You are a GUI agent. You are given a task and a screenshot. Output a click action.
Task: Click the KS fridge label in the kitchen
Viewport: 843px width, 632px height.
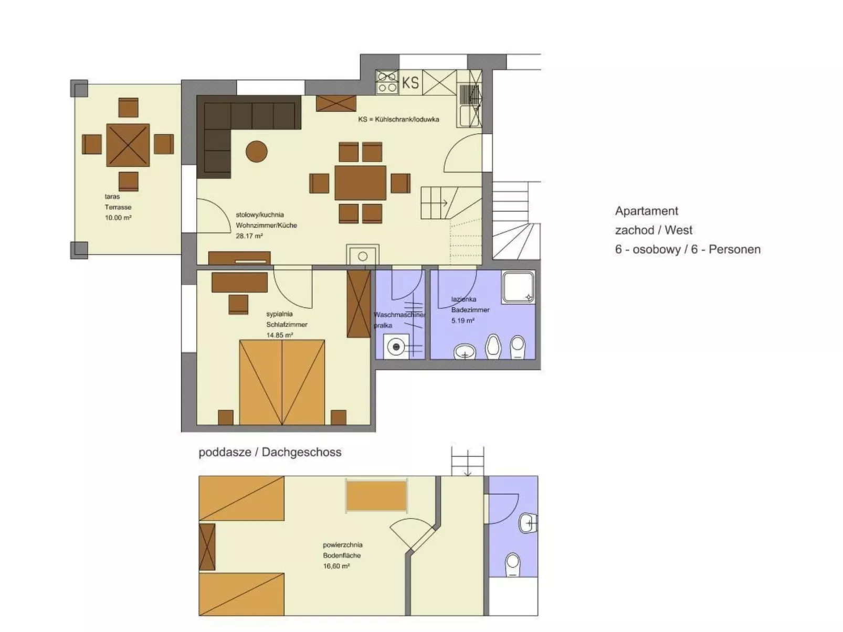(410, 83)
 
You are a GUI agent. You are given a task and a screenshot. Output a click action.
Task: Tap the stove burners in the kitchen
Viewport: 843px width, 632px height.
(387, 83)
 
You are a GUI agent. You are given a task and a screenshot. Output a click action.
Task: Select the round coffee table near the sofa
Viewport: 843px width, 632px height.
(256, 152)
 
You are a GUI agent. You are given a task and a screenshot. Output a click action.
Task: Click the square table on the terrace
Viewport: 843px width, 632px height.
(128, 145)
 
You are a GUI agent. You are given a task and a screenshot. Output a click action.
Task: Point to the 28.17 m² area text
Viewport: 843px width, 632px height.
(249, 236)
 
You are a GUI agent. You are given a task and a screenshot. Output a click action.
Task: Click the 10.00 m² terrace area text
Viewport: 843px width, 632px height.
(118, 218)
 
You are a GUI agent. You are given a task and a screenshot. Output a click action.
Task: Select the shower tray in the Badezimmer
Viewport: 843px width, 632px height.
(518, 287)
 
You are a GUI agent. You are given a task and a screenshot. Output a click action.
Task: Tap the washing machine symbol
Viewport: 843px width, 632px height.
(396, 347)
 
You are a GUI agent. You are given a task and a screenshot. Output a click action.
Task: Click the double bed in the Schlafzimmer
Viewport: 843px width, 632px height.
(282, 382)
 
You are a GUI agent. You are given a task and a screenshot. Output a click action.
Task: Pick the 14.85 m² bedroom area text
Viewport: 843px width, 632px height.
(279, 335)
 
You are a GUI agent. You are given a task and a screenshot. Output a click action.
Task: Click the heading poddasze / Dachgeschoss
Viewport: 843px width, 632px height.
(270, 452)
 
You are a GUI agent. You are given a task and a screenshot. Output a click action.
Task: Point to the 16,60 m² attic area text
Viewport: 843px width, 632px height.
(336, 566)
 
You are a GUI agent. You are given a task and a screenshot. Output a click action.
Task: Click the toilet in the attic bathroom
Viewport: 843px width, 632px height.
(512, 565)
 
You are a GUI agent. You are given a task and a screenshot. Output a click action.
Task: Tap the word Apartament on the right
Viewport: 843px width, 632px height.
(646, 211)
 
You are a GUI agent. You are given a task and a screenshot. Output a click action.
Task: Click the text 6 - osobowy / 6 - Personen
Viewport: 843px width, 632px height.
(688, 249)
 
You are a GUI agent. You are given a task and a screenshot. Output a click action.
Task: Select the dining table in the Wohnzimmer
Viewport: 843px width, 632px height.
(360, 183)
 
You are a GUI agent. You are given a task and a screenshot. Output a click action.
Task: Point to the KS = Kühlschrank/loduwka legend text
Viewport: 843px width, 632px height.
(398, 119)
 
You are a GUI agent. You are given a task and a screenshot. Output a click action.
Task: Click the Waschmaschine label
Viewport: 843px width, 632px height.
(398, 315)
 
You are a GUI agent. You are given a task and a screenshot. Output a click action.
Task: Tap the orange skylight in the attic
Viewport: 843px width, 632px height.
(376, 496)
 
